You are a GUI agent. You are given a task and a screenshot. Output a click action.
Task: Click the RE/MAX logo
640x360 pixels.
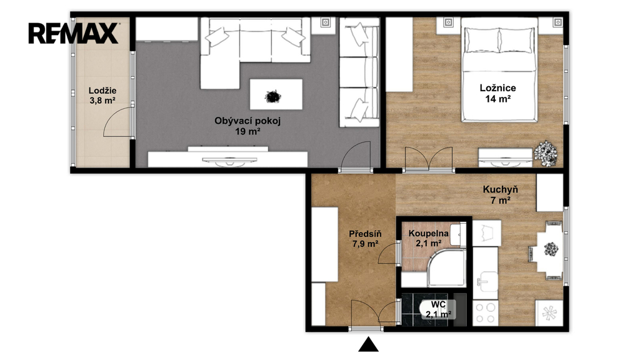[x=74, y=33]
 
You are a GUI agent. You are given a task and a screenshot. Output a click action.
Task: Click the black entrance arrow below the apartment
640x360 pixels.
[x=368, y=344]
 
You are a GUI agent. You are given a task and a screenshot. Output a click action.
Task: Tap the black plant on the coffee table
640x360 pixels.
[x=272, y=97]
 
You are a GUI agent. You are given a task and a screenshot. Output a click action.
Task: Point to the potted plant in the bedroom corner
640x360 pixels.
[x=545, y=154]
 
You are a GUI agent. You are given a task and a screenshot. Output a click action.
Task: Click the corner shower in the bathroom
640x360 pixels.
[x=446, y=267]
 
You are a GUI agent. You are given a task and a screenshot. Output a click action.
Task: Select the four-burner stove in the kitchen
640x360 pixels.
[x=485, y=312]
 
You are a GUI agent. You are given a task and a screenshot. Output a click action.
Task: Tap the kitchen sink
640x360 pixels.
[x=487, y=281]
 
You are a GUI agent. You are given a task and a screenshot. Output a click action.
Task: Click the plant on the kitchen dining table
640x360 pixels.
[x=551, y=249]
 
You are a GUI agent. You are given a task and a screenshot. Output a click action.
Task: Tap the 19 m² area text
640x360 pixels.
[x=247, y=131]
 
